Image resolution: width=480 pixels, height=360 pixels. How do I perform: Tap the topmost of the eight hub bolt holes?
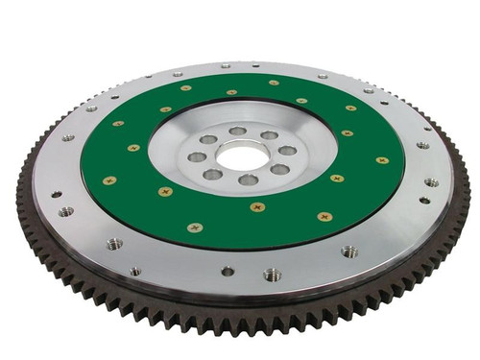pyautogui.click(x=238, y=131)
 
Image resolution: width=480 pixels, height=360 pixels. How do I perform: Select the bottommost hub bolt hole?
pyautogui.click(x=248, y=180)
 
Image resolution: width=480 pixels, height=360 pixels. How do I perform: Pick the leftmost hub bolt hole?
pyautogui.click(x=198, y=156)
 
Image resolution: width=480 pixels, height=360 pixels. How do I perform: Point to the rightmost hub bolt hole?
pyautogui.click(x=287, y=151)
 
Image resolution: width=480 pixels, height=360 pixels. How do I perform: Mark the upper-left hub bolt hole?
pyautogui.click(x=208, y=140)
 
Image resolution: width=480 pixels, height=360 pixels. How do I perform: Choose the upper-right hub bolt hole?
pyautogui.click(x=270, y=136)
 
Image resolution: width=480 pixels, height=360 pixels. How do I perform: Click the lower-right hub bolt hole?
pyautogui.click(x=279, y=169)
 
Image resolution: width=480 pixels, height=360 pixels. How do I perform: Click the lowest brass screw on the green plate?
pyautogui.click(x=196, y=228)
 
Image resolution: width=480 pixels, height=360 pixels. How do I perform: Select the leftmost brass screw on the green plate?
pyautogui.click(x=109, y=180)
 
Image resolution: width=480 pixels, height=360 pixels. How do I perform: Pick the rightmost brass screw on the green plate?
pyautogui.click(x=382, y=160)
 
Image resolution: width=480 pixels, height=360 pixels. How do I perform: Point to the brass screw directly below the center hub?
pyautogui.click(x=257, y=206)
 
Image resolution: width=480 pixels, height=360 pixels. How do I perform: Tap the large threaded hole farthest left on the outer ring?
pyautogui.click(x=64, y=211)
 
